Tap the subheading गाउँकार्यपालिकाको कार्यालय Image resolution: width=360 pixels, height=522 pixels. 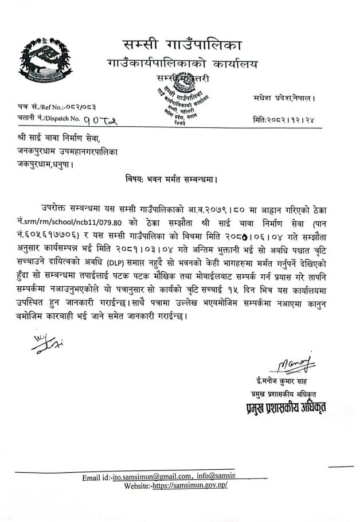tap(182, 63)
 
